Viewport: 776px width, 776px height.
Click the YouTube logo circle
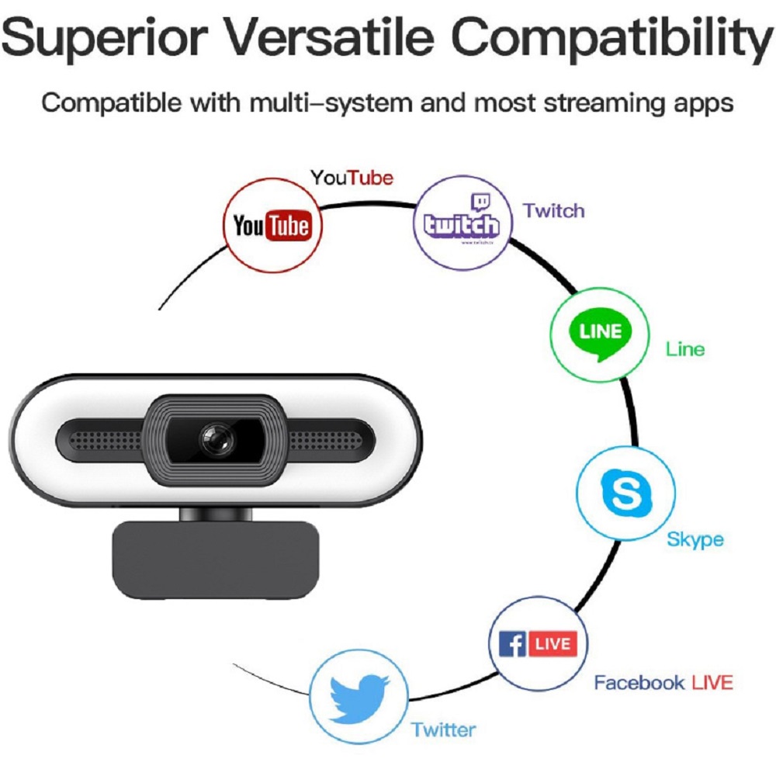coord(272,226)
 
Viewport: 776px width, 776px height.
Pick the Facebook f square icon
coord(512,644)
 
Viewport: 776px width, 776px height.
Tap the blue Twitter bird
coord(359,698)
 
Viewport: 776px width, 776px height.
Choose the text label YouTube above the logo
coord(352,178)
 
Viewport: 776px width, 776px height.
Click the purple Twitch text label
coord(553,211)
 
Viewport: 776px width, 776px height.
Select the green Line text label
coord(685,349)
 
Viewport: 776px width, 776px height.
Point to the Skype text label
coord(695,539)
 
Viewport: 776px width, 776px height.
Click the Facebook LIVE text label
coord(663,683)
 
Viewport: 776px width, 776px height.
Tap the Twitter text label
coord(443,729)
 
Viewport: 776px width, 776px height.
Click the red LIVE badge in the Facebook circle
coord(553,644)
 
